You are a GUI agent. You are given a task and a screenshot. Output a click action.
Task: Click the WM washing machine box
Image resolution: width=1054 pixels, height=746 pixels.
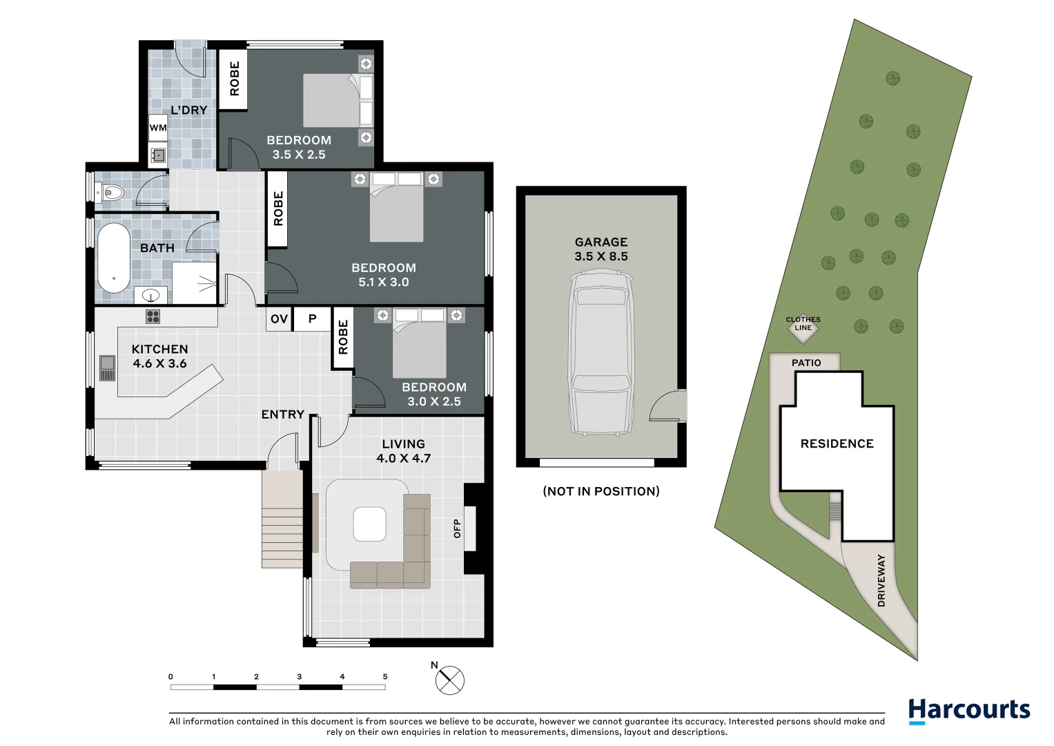pos(158,128)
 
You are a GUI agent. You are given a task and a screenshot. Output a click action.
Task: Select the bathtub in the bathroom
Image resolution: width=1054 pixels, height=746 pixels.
pos(113,258)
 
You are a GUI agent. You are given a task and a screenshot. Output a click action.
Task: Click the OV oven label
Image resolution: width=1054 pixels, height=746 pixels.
pos(279,318)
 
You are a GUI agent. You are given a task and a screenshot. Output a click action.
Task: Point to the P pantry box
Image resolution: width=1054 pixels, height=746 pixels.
pos(312,318)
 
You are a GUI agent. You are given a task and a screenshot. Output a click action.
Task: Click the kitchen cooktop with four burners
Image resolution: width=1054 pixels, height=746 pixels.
pos(153,316)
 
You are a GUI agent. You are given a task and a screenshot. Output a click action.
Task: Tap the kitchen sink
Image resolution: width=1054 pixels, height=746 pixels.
pos(107,367)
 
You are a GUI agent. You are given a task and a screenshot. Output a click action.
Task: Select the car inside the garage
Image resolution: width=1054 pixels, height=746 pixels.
pos(601,353)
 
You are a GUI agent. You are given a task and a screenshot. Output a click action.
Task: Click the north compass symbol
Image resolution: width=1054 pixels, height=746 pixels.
pos(450,680)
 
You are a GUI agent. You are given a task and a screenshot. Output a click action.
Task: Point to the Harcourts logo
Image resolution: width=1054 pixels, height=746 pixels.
pos(968,710)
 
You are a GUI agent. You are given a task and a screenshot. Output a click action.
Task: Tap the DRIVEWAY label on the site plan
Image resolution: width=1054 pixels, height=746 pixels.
pos(881,580)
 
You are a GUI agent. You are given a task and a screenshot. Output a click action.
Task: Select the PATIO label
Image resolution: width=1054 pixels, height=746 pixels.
pos(806,363)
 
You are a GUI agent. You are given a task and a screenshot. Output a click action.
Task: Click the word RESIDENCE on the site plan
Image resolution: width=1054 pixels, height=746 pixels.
pos(837,443)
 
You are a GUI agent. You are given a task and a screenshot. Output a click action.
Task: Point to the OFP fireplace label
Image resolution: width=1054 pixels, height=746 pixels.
pos(457,528)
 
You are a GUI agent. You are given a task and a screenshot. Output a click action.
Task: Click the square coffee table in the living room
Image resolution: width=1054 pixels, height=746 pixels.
pos(369,524)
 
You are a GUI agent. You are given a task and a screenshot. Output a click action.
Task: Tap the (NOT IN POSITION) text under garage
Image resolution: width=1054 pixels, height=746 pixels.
pos(601,491)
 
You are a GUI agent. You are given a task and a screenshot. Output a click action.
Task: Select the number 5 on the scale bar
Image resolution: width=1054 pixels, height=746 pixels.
pos(385,677)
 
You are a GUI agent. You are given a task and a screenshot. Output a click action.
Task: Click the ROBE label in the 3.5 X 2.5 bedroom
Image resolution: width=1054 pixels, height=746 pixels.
pos(234,79)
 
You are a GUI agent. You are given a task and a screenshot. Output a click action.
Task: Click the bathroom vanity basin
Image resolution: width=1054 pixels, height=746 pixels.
pos(150,296)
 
